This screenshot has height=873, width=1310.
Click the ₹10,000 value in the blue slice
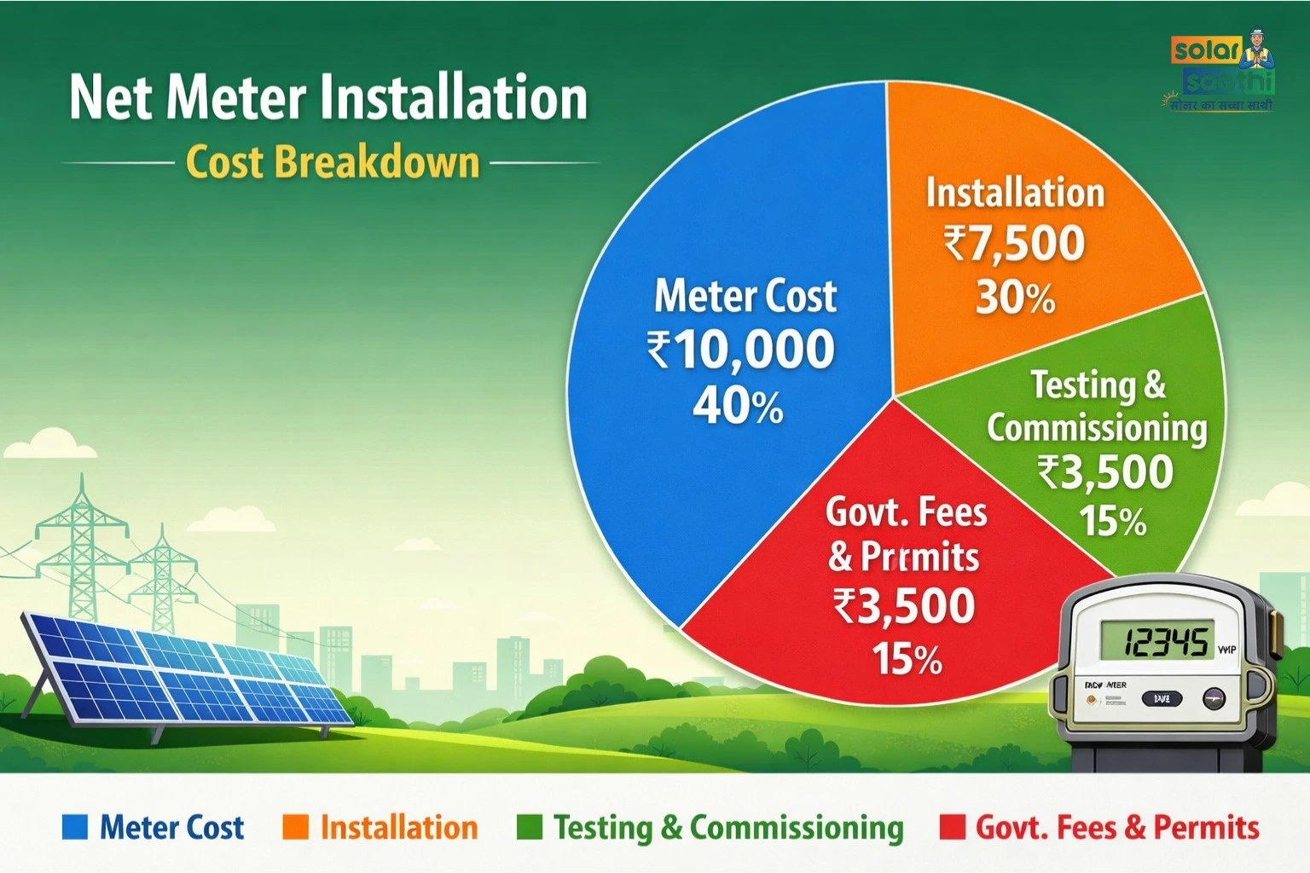point(740,350)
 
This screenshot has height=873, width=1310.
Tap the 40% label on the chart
point(738,406)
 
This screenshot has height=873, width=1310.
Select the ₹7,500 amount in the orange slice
point(1014,244)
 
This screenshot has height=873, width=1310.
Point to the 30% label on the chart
point(1015,298)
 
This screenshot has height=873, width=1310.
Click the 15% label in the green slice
point(1112,521)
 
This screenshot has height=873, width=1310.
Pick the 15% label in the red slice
point(907,659)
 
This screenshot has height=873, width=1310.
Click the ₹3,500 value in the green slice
point(1105,472)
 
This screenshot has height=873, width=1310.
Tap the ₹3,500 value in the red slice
point(904,606)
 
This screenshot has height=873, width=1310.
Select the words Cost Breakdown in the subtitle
point(333,162)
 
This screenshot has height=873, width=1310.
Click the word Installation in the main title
point(454,97)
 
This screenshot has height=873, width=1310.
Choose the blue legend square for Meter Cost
point(75,827)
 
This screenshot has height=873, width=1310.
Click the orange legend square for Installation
point(295,827)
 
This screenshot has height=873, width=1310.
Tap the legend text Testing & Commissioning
point(728,828)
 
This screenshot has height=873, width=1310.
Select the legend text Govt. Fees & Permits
point(1117,828)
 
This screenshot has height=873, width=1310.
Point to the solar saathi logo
point(1223,72)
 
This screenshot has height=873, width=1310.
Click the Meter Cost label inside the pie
point(745,297)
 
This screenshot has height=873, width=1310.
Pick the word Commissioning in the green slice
point(1097,428)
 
